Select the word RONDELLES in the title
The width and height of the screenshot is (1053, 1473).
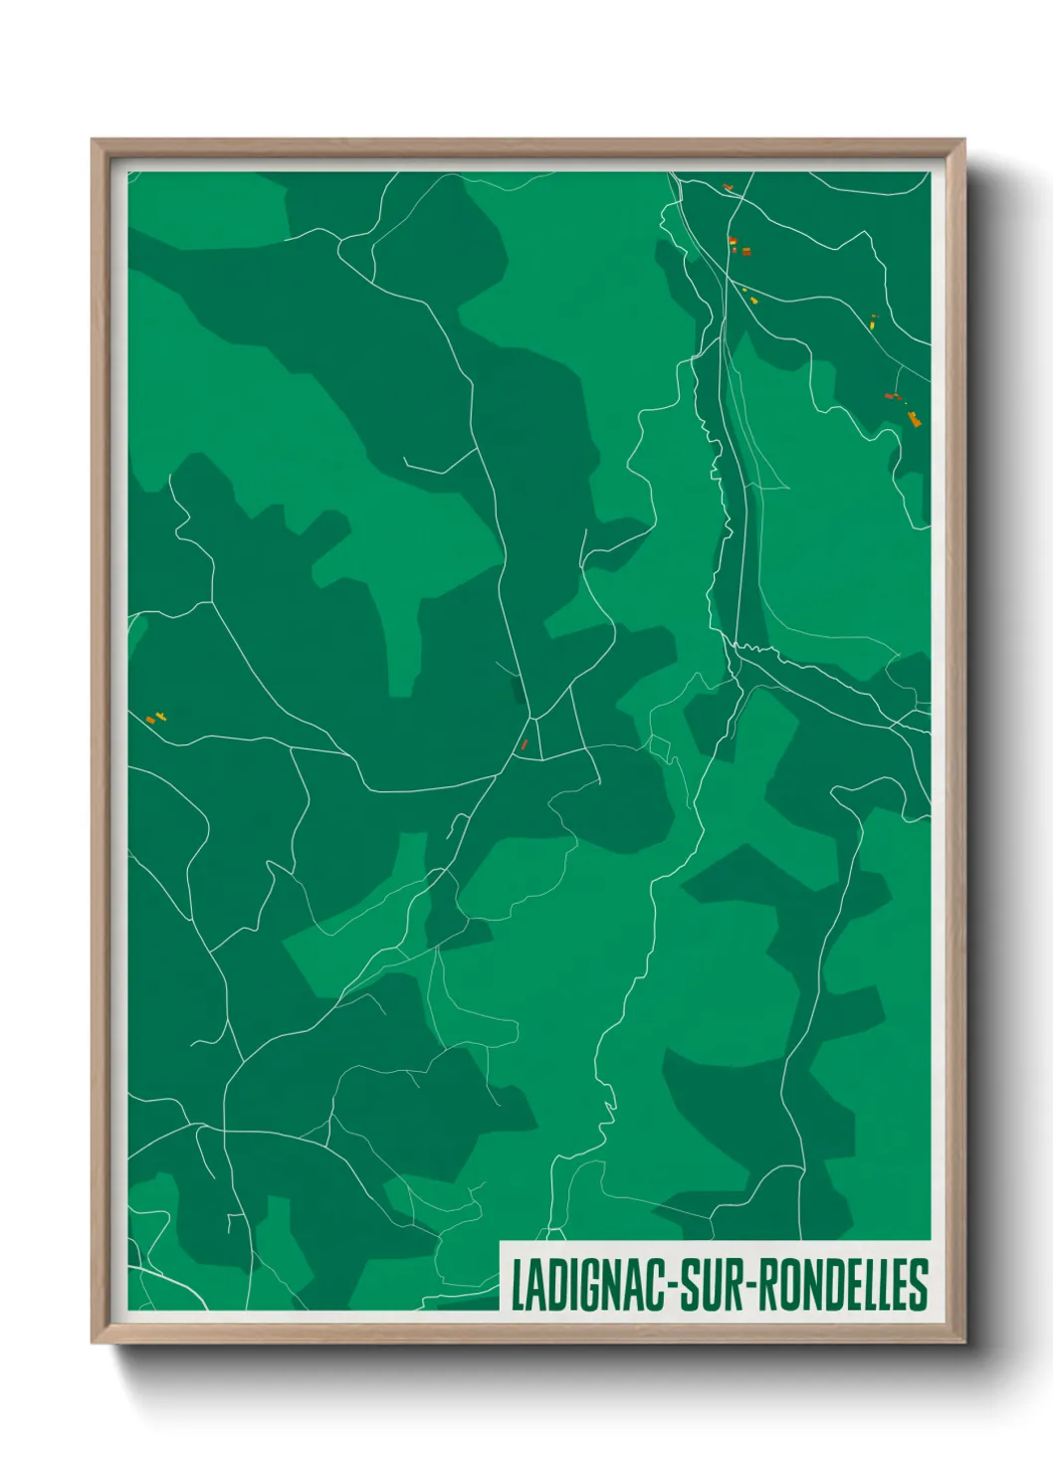click(847, 1285)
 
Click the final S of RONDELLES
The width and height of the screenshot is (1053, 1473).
click(920, 1285)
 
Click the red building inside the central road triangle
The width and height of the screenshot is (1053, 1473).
click(525, 743)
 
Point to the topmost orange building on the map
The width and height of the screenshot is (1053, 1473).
click(728, 186)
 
